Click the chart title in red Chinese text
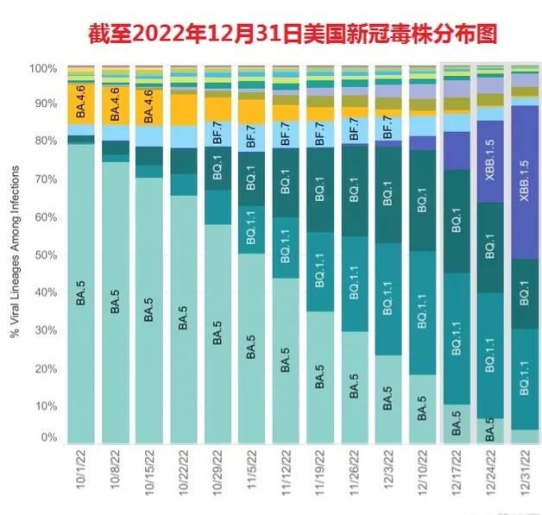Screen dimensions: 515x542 coord(293,34)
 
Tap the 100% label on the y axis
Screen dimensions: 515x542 coord(43,68)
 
